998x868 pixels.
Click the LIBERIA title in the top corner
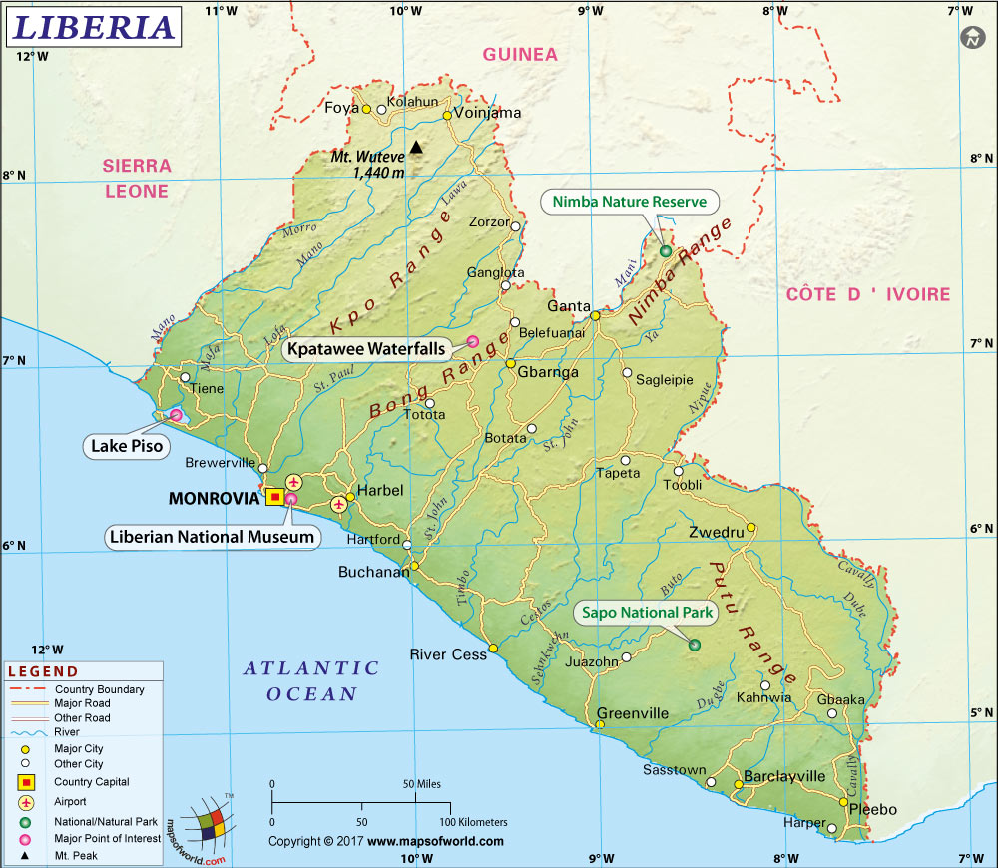coord(94,27)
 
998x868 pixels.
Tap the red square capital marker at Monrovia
coord(275,496)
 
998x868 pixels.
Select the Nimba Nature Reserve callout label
coord(629,202)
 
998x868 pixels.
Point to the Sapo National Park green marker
coord(694,645)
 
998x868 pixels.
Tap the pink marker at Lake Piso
coord(176,415)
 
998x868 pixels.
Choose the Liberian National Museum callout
coord(214,537)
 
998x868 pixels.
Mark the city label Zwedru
coord(716,533)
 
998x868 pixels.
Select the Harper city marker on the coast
coord(832,827)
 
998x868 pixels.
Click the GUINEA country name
coord(520,54)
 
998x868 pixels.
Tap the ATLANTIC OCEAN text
coord(311,680)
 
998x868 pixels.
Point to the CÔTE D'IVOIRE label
coord(867,294)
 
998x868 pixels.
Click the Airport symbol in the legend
coord(25,802)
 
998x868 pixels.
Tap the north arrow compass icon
coord(971,38)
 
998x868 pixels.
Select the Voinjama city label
coord(488,113)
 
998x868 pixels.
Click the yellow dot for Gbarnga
coord(510,363)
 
